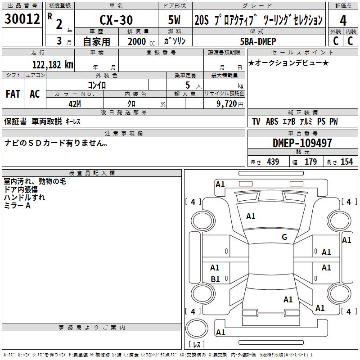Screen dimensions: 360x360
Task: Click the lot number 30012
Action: pyautogui.click(x=22, y=19)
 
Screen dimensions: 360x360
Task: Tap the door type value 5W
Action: pyautogui.click(x=175, y=20)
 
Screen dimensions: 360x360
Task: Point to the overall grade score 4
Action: pyautogui.click(x=343, y=20)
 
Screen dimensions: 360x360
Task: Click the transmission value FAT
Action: pyautogui.click(x=13, y=94)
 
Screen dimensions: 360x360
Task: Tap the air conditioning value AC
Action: pyautogui.click(x=35, y=94)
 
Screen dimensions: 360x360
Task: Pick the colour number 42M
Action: pyautogui.click(x=75, y=104)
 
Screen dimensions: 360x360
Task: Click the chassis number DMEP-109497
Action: pyautogui.click(x=302, y=143)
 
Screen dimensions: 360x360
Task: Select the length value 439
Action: pyautogui.click(x=273, y=162)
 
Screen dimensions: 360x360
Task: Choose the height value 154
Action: pyautogui.click(x=346, y=162)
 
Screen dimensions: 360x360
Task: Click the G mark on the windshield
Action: pyautogui.click(x=284, y=237)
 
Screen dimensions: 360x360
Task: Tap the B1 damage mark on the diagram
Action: pyautogui.click(x=215, y=279)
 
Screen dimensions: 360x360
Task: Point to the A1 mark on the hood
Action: pyautogui.click(x=251, y=216)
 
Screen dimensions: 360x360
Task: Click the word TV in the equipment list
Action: pyautogui.click(x=256, y=121)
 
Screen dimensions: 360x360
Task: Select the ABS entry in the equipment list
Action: pyautogui.click(x=272, y=121)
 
